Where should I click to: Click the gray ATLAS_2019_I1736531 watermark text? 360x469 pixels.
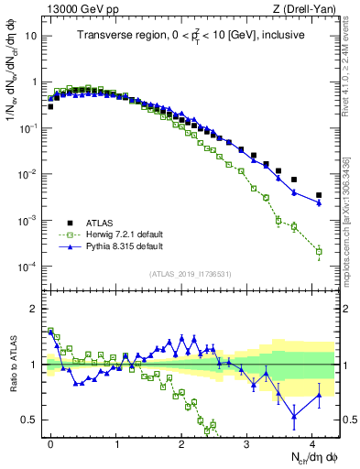[x=188, y=274]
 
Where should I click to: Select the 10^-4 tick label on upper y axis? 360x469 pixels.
[x=27, y=267]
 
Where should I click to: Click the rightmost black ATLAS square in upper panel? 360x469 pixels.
[x=319, y=195]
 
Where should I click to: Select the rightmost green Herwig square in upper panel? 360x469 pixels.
[x=319, y=251]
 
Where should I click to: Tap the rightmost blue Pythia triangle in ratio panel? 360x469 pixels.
[x=319, y=396]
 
